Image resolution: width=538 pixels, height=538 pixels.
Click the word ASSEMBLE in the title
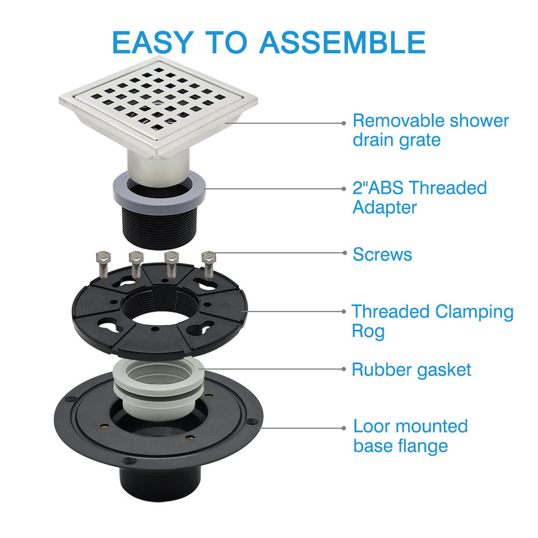point(342,43)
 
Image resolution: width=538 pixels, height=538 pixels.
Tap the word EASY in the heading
point(152,43)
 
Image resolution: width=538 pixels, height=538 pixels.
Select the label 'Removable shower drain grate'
point(430,131)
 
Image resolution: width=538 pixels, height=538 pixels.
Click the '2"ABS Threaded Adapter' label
point(419,197)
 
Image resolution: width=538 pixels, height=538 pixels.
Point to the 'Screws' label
point(382,254)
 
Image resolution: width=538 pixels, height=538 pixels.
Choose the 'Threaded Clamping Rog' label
point(432,321)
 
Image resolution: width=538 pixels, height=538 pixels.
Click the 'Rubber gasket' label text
point(411,370)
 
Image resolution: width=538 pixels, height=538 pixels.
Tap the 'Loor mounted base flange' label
point(410,436)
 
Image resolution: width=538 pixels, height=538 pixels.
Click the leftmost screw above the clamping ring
point(103,265)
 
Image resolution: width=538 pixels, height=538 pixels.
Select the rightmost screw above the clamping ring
point(208,265)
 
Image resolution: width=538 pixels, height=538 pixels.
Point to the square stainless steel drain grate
point(158,106)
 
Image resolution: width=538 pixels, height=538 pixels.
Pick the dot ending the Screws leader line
point(344,253)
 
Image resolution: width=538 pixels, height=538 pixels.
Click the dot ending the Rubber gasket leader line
point(344,369)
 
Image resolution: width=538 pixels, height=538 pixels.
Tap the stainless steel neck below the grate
point(158,168)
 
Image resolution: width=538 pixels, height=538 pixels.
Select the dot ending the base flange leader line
point(344,428)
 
